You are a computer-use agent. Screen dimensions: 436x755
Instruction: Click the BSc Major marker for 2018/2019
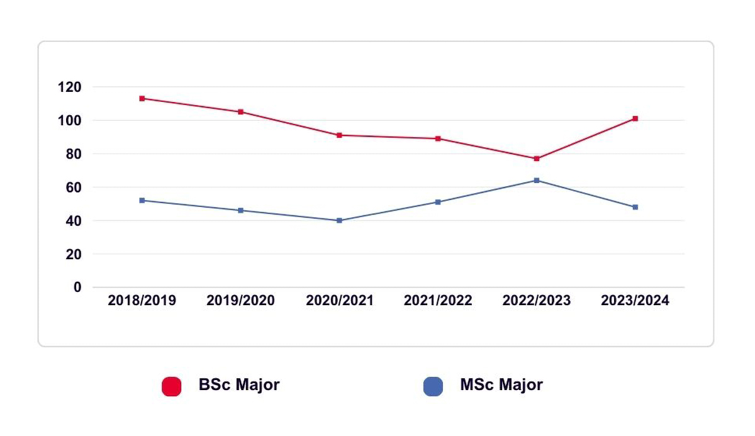pyautogui.click(x=142, y=98)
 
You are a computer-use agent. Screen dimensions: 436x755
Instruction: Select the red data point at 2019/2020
pyautogui.click(x=241, y=112)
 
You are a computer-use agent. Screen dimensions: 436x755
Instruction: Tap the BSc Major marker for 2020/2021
pyautogui.click(x=339, y=135)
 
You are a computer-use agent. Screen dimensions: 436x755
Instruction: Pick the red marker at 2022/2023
pyautogui.click(x=537, y=159)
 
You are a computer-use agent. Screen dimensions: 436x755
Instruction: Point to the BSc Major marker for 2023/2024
pyautogui.click(x=635, y=118)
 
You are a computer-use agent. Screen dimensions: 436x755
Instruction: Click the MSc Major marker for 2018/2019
pyautogui.click(x=142, y=200)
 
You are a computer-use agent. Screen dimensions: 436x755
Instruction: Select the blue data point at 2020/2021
pyautogui.click(x=339, y=220)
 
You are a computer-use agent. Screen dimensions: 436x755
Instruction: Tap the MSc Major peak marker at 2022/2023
pyautogui.click(x=537, y=181)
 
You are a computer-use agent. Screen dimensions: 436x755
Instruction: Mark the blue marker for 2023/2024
pyautogui.click(x=635, y=207)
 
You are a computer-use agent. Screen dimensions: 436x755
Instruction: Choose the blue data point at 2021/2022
pyautogui.click(x=438, y=202)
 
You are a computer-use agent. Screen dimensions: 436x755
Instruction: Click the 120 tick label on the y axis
pyautogui.click(x=69, y=87)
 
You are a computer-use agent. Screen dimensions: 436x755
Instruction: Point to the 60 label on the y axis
pyautogui.click(x=74, y=187)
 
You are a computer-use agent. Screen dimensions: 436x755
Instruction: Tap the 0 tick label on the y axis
pyautogui.click(x=77, y=288)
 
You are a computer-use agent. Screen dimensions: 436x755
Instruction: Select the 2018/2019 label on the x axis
pyautogui.click(x=142, y=301)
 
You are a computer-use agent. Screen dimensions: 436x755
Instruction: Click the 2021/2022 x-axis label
pyautogui.click(x=438, y=301)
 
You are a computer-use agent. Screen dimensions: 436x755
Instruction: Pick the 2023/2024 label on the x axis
pyautogui.click(x=635, y=301)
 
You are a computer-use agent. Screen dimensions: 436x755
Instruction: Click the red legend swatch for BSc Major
pyautogui.click(x=171, y=386)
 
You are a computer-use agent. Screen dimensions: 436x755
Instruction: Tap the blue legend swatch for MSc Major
pyautogui.click(x=433, y=386)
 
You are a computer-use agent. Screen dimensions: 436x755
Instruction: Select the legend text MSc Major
pyautogui.click(x=501, y=385)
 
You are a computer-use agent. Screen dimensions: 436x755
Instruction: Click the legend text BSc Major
pyautogui.click(x=239, y=385)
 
